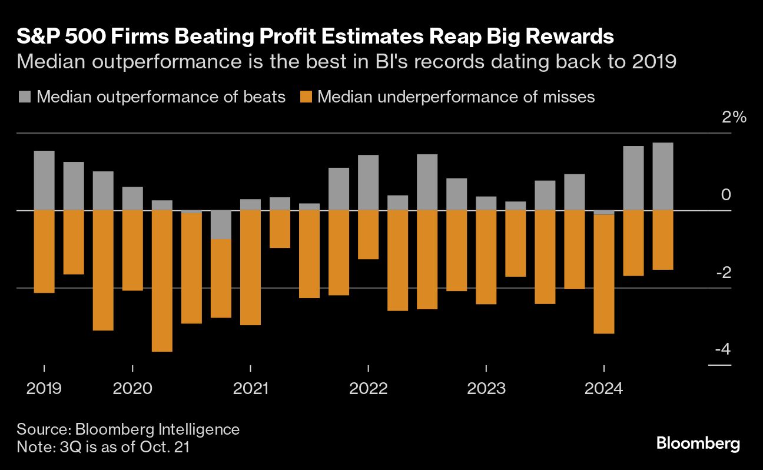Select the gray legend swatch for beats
tap(25, 97)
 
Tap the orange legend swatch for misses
tap(306, 97)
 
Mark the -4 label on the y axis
tap(722, 350)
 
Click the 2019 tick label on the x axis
tap(44, 389)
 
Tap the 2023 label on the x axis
tap(486, 389)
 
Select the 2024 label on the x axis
tap(603, 389)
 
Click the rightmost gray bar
tap(663, 176)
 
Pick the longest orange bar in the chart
tap(162, 281)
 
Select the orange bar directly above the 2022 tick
tap(368, 234)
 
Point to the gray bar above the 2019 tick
tap(44, 180)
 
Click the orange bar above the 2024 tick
tap(604, 274)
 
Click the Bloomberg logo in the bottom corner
tap(698, 443)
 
